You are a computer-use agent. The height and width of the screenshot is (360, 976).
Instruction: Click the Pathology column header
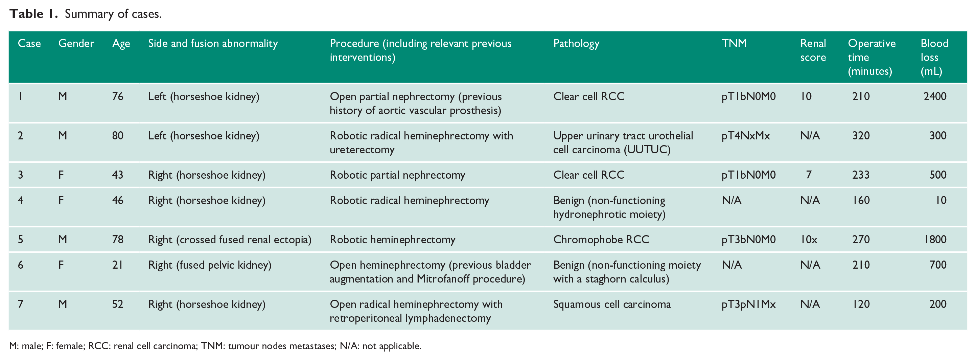pyautogui.click(x=576, y=44)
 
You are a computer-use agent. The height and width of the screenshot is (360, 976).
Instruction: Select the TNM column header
pyautogui.click(x=734, y=43)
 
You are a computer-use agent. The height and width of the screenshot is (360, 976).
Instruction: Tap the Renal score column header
pyautogui.click(x=813, y=50)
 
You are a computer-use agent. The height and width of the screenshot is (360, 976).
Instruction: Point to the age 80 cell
pyautogui.click(x=117, y=136)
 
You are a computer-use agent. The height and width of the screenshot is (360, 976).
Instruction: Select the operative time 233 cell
pyautogui.click(x=861, y=175)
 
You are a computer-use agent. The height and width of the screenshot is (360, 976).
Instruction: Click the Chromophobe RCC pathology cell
pyautogui.click(x=601, y=240)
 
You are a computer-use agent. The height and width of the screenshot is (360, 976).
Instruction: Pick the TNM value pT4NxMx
pyautogui.click(x=746, y=136)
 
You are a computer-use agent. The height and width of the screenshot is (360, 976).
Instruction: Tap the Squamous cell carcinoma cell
pyautogui.click(x=612, y=304)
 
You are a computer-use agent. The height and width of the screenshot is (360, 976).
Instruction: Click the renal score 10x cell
pyautogui.click(x=809, y=240)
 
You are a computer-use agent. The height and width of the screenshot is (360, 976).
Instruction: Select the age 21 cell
pyautogui.click(x=117, y=265)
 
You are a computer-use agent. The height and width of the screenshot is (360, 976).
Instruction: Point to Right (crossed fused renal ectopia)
pyautogui.click(x=230, y=240)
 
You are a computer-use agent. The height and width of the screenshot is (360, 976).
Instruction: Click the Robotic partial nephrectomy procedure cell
pyautogui.click(x=397, y=175)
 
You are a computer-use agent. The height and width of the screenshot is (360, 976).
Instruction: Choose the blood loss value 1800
pyautogui.click(x=935, y=240)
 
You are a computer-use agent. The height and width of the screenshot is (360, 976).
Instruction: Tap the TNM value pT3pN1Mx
pyautogui.click(x=748, y=304)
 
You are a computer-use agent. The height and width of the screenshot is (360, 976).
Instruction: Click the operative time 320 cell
pyautogui.click(x=861, y=136)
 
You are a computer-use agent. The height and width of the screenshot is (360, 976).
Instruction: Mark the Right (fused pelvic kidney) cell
pyautogui.click(x=210, y=265)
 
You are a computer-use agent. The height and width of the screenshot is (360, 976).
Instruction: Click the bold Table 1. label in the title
pyautogui.click(x=33, y=14)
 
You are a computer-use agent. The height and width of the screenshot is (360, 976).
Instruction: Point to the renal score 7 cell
pyautogui.click(x=809, y=175)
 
